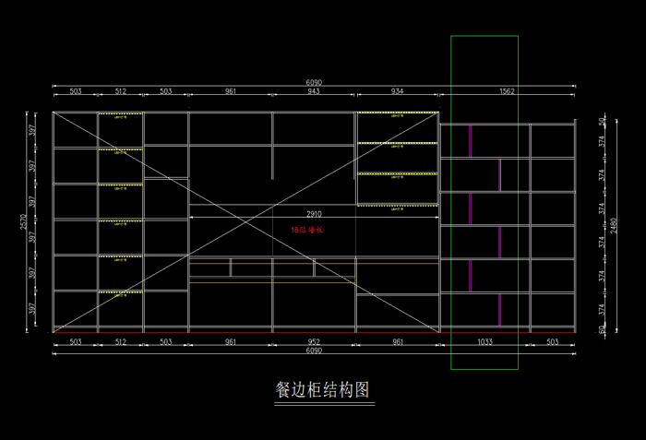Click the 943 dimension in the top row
pyautogui.click(x=314, y=91)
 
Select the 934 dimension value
pyautogui.click(x=397, y=91)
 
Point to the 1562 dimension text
pyautogui.click(x=507, y=91)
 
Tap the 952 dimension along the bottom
pyautogui.click(x=314, y=341)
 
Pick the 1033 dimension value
pyautogui.click(x=484, y=341)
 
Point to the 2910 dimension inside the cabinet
pyautogui.click(x=314, y=212)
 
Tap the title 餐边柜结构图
pyautogui.click(x=323, y=389)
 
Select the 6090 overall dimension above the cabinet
pyautogui.click(x=314, y=82)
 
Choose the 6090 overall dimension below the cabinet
pyautogui.click(x=314, y=351)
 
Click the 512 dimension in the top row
pyautogui.click(x=121, y=91)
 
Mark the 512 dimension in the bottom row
pyautogui.click(x=121, y=341)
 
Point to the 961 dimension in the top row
pyautogui.click(x=231, y=91)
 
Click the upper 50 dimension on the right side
pyautogui.click(x=602, y=121)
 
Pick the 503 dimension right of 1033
pyautogui.click(x=552, y=341)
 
